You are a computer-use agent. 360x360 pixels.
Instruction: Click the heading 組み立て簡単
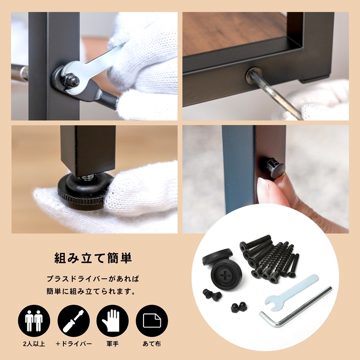coord(93,258)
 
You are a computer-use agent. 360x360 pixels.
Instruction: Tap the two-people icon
coord(34,321)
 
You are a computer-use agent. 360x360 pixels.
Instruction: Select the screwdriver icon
coord(73,321)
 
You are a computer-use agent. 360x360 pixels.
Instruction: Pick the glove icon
coord(112,321)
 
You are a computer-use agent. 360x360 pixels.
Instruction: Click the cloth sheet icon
coord(152,321)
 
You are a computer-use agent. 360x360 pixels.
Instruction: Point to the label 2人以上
coord(34,344)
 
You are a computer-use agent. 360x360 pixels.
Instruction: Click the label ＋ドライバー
coord(73,344)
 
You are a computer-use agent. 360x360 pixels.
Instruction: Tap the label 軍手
coord(112,344)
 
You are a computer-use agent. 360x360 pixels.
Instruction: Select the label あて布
coord(152,344)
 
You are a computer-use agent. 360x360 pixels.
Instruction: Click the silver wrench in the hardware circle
coord(290,292)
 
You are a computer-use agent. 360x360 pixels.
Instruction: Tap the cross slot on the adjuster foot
coord(224,274)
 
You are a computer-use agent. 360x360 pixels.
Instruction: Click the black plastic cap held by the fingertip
coord(276,168)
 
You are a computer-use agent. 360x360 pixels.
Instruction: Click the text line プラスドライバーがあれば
coord(93,279)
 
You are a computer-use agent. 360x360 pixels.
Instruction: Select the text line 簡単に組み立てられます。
coord(91,291)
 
